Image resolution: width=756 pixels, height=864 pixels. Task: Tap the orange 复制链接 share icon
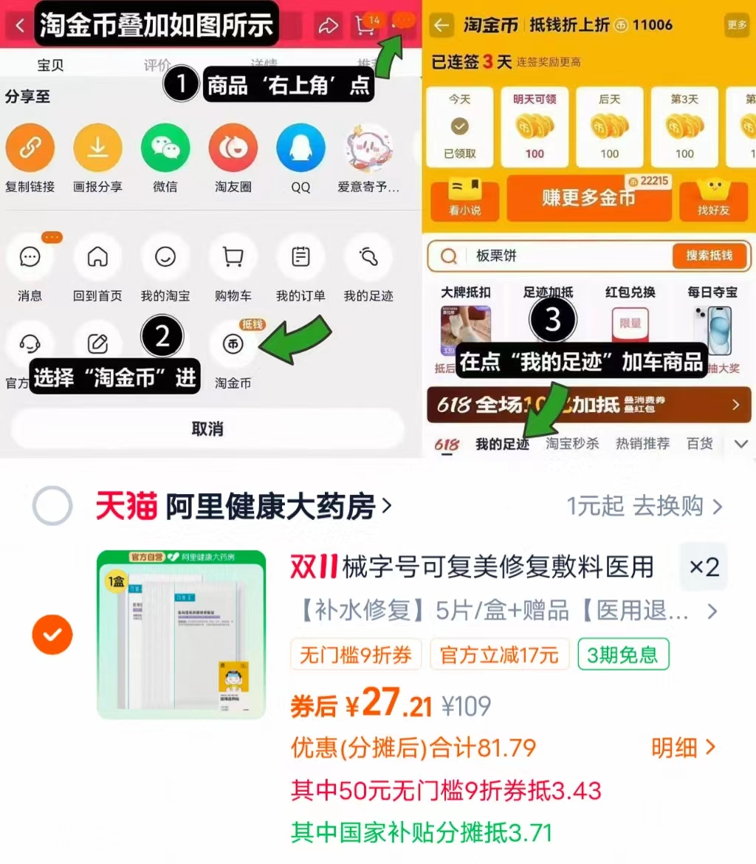point(30,148)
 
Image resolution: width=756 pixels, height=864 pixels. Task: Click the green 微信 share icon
point(165,148)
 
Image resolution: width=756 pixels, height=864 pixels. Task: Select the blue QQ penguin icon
point(300,148)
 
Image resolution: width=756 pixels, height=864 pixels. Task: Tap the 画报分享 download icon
point(97,148)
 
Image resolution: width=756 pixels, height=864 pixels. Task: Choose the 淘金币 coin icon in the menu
point(233,345)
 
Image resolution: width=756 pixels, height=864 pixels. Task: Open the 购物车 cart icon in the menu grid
point(233,257)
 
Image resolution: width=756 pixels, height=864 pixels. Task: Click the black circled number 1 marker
point(180,86)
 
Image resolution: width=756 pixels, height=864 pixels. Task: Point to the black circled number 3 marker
point(552,320)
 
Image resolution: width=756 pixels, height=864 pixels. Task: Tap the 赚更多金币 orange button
point(588,198)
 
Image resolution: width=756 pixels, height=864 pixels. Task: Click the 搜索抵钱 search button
point(709,256)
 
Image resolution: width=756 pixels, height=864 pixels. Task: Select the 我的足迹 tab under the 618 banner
point(502,445)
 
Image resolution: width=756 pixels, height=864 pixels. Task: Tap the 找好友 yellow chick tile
point(713,198)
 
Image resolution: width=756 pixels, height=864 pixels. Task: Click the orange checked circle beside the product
point(52,634)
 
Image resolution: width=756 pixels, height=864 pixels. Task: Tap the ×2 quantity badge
point(704,567)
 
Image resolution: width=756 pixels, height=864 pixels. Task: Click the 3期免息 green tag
point(623,654)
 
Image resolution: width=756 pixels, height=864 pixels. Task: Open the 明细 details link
point(683,747)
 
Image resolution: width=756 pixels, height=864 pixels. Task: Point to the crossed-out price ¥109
point(466,706)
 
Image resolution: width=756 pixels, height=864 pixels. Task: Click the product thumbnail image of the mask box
point(181,634)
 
